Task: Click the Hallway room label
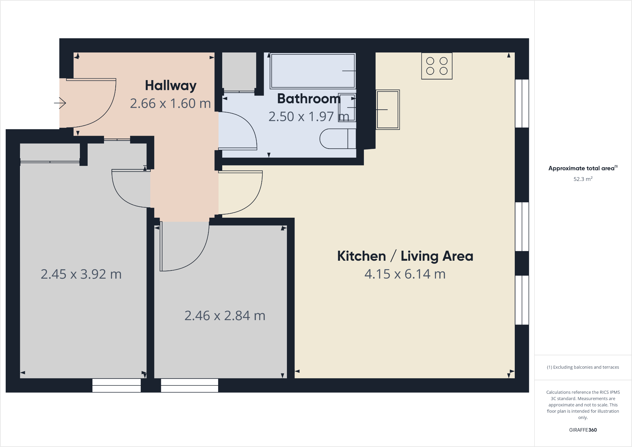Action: (x=171, y=85)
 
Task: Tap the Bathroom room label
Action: (x=309, y=99)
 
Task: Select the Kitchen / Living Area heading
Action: (x=405, y=256)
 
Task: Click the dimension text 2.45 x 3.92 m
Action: (x=81, y=274)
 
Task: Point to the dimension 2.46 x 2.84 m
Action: (x=225, y=316)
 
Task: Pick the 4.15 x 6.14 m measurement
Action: (x=405, y=274)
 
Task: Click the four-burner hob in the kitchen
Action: (x=437, y=66)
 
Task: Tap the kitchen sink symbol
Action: (x=387, y=110)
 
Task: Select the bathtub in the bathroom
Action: (x=313, y=71)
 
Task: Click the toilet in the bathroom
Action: (x=337, y=139)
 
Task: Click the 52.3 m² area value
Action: (x=583, y=179)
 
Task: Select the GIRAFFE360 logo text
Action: (x=583, y=430)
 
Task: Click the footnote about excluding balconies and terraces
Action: (x=583, y=367)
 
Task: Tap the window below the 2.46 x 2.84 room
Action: (x=190, y=385)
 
